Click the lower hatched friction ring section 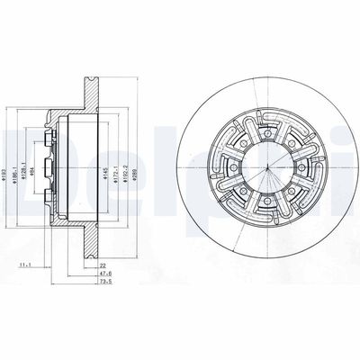pyautogui.click(x=90, y=243)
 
